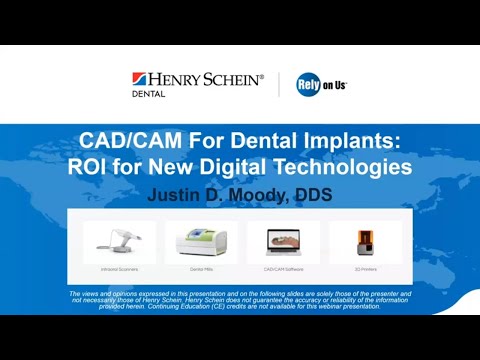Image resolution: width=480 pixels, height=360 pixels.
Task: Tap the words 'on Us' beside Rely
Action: pos(334,85)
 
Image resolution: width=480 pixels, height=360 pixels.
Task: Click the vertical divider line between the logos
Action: pos(279,84)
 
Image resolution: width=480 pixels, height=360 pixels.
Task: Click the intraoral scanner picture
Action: pos(119,241)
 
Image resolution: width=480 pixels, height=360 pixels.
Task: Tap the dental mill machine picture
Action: pos(202,241)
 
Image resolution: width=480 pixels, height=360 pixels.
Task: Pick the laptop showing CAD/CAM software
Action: pos(283,241)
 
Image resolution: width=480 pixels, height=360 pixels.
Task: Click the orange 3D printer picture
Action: pos(364,241)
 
